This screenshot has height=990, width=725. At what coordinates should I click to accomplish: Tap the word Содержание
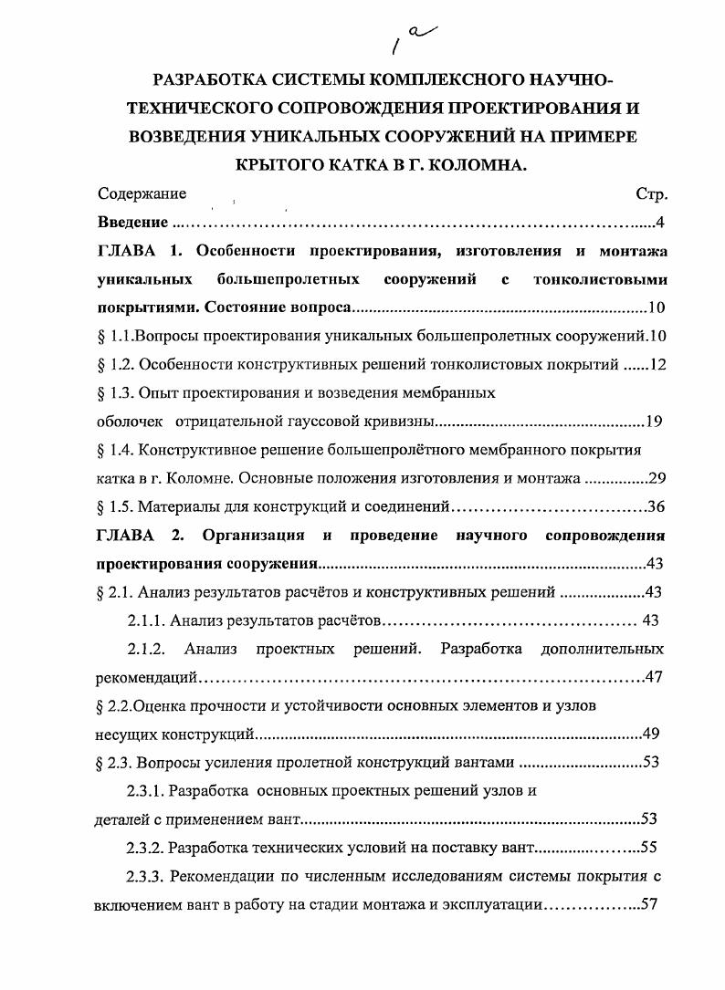[x=142, y=193]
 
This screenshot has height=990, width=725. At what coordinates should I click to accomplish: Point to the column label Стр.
[x=651, y=194]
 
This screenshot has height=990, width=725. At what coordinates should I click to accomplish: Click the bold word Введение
[x=132, y=223]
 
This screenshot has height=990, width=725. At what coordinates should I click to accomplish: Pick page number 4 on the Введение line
[x=660, y=223]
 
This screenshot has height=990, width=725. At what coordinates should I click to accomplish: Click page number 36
[x=656, y=507]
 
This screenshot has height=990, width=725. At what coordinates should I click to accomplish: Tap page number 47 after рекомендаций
[x=655, y=677]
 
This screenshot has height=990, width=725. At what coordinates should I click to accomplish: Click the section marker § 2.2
[x=114, y=705]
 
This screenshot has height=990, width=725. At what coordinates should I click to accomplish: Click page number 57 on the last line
[x=651, y=905]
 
